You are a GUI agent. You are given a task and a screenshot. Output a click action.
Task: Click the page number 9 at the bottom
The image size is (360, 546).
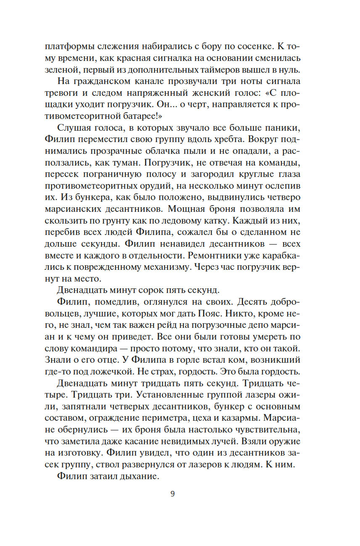coord(172,493)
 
